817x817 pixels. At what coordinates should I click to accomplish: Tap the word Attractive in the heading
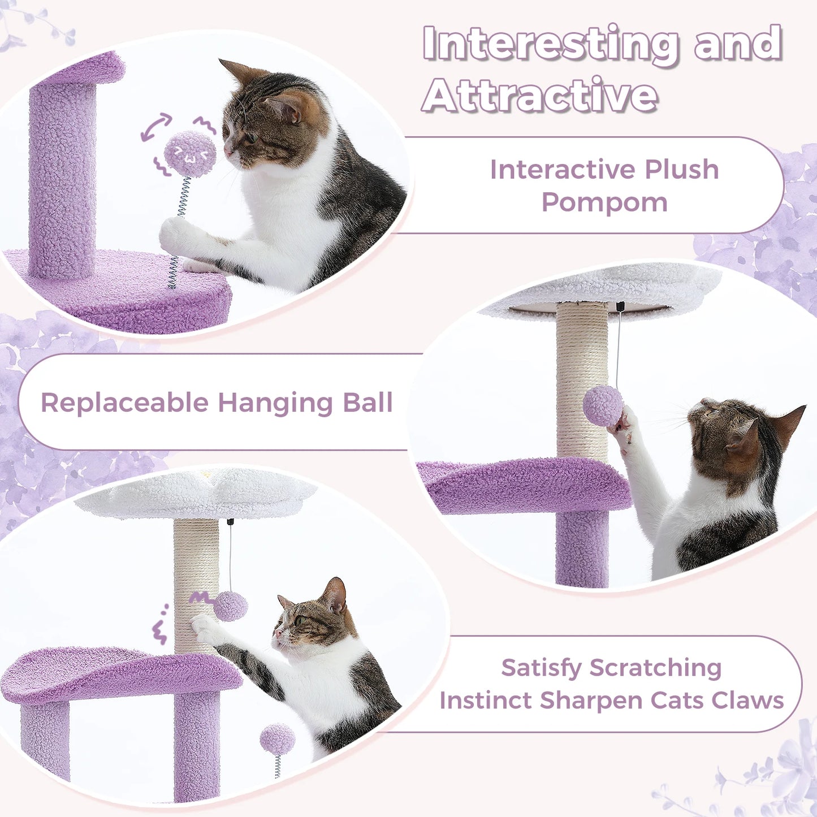[540, 96]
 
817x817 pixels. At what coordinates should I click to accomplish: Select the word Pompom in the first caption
[604, 202]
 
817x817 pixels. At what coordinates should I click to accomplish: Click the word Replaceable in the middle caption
[125, 403]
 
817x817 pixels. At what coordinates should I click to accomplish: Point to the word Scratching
[655, 668]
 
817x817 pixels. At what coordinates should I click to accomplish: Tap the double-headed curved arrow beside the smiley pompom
[156, 127]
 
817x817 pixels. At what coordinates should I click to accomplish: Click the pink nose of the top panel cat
[227, 152]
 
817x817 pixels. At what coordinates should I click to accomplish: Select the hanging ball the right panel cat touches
[603, 405]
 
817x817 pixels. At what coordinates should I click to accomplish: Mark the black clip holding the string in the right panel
[620, 306]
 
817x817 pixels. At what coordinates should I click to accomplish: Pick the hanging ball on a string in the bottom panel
[230, 606]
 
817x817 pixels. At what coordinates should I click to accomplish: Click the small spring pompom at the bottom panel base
[277, 740]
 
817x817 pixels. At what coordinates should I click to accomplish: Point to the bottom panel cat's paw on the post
[203, 626]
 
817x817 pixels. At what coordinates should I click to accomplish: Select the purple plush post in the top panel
[62, 181]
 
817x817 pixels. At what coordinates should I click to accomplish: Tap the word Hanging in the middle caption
[276, 403]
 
